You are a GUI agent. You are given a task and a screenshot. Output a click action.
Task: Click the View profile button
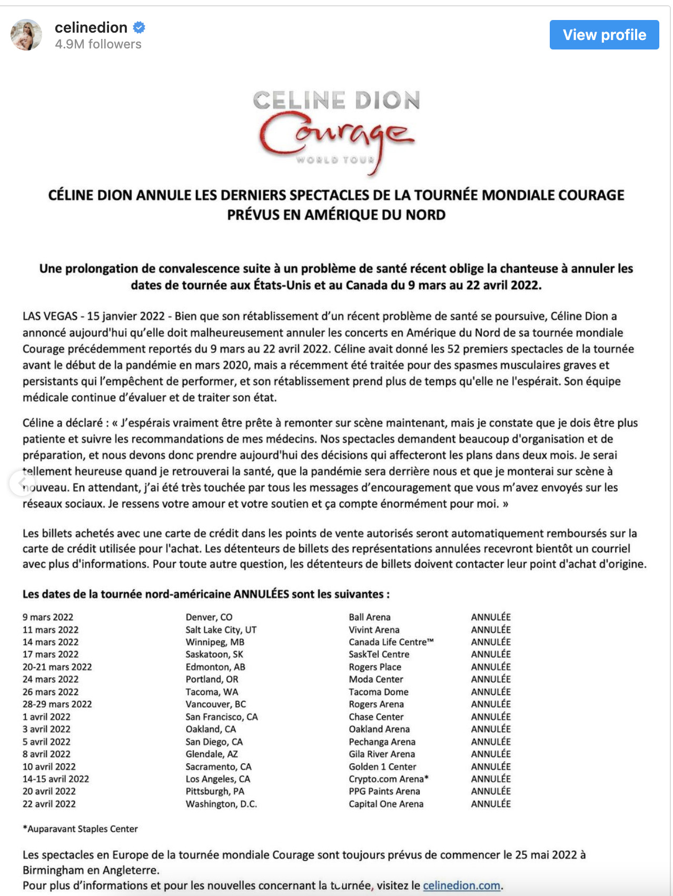tap(604, 35)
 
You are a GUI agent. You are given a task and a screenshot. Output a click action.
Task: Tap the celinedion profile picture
tap(26, 35)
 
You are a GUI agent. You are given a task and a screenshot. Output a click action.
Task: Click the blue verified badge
tap(139, 27)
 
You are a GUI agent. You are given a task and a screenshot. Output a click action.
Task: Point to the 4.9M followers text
tap(98, 44)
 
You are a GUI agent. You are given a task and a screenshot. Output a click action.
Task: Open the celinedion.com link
tap(461, 885)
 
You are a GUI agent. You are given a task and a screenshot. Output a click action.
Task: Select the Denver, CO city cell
tap(209, 617)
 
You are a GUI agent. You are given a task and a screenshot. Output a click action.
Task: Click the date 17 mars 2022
tap(51, 654)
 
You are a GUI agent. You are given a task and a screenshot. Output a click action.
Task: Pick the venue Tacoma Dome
tap(379, 692)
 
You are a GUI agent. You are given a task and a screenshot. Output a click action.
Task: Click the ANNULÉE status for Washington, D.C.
tap(491, 804)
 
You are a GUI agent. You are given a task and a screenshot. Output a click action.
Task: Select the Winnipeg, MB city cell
tap(215, 642)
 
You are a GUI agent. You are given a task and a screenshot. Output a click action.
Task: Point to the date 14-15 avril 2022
tap(56, 779)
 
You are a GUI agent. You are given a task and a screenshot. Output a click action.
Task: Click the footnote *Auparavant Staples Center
tap(80, 829)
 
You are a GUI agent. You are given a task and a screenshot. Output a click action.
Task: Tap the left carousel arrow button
tap(22, 483)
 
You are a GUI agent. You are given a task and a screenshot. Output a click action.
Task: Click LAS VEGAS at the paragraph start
tap(50, 316)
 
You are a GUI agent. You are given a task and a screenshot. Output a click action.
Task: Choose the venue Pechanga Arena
tap(382, 742)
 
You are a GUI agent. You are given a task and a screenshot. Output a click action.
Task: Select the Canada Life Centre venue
tap(391, 642)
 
